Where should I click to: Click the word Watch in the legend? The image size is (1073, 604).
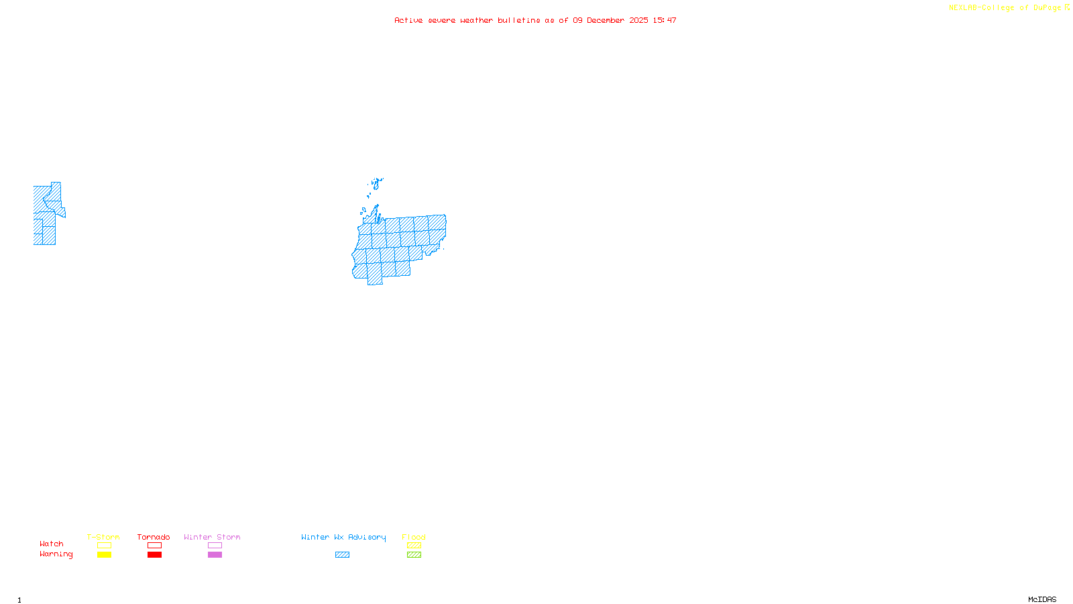coord(52,544)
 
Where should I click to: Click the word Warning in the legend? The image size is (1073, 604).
coord(56,554)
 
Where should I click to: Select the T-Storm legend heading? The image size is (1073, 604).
coord(103,537)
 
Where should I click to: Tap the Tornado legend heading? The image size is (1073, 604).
coord(154,537)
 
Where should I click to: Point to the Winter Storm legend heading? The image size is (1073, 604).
coord(212,537)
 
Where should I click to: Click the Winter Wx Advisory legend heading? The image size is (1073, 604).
coord(343,537)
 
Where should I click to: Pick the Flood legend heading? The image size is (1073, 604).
coord(414,537)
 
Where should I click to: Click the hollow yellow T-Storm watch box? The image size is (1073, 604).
coord(104,546)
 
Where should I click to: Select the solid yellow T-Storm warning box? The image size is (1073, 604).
coord(104,555)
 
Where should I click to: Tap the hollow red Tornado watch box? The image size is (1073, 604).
coord(154,546)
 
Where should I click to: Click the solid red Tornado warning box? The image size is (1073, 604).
coord(154,555)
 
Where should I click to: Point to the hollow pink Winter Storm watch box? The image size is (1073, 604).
coord(215,546)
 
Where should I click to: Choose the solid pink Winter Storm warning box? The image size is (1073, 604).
coord(215,555)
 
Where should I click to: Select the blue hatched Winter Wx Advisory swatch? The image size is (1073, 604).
coord(342,555)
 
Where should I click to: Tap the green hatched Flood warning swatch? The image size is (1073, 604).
coord(414,555)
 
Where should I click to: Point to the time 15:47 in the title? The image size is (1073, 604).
coord(665,20)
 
